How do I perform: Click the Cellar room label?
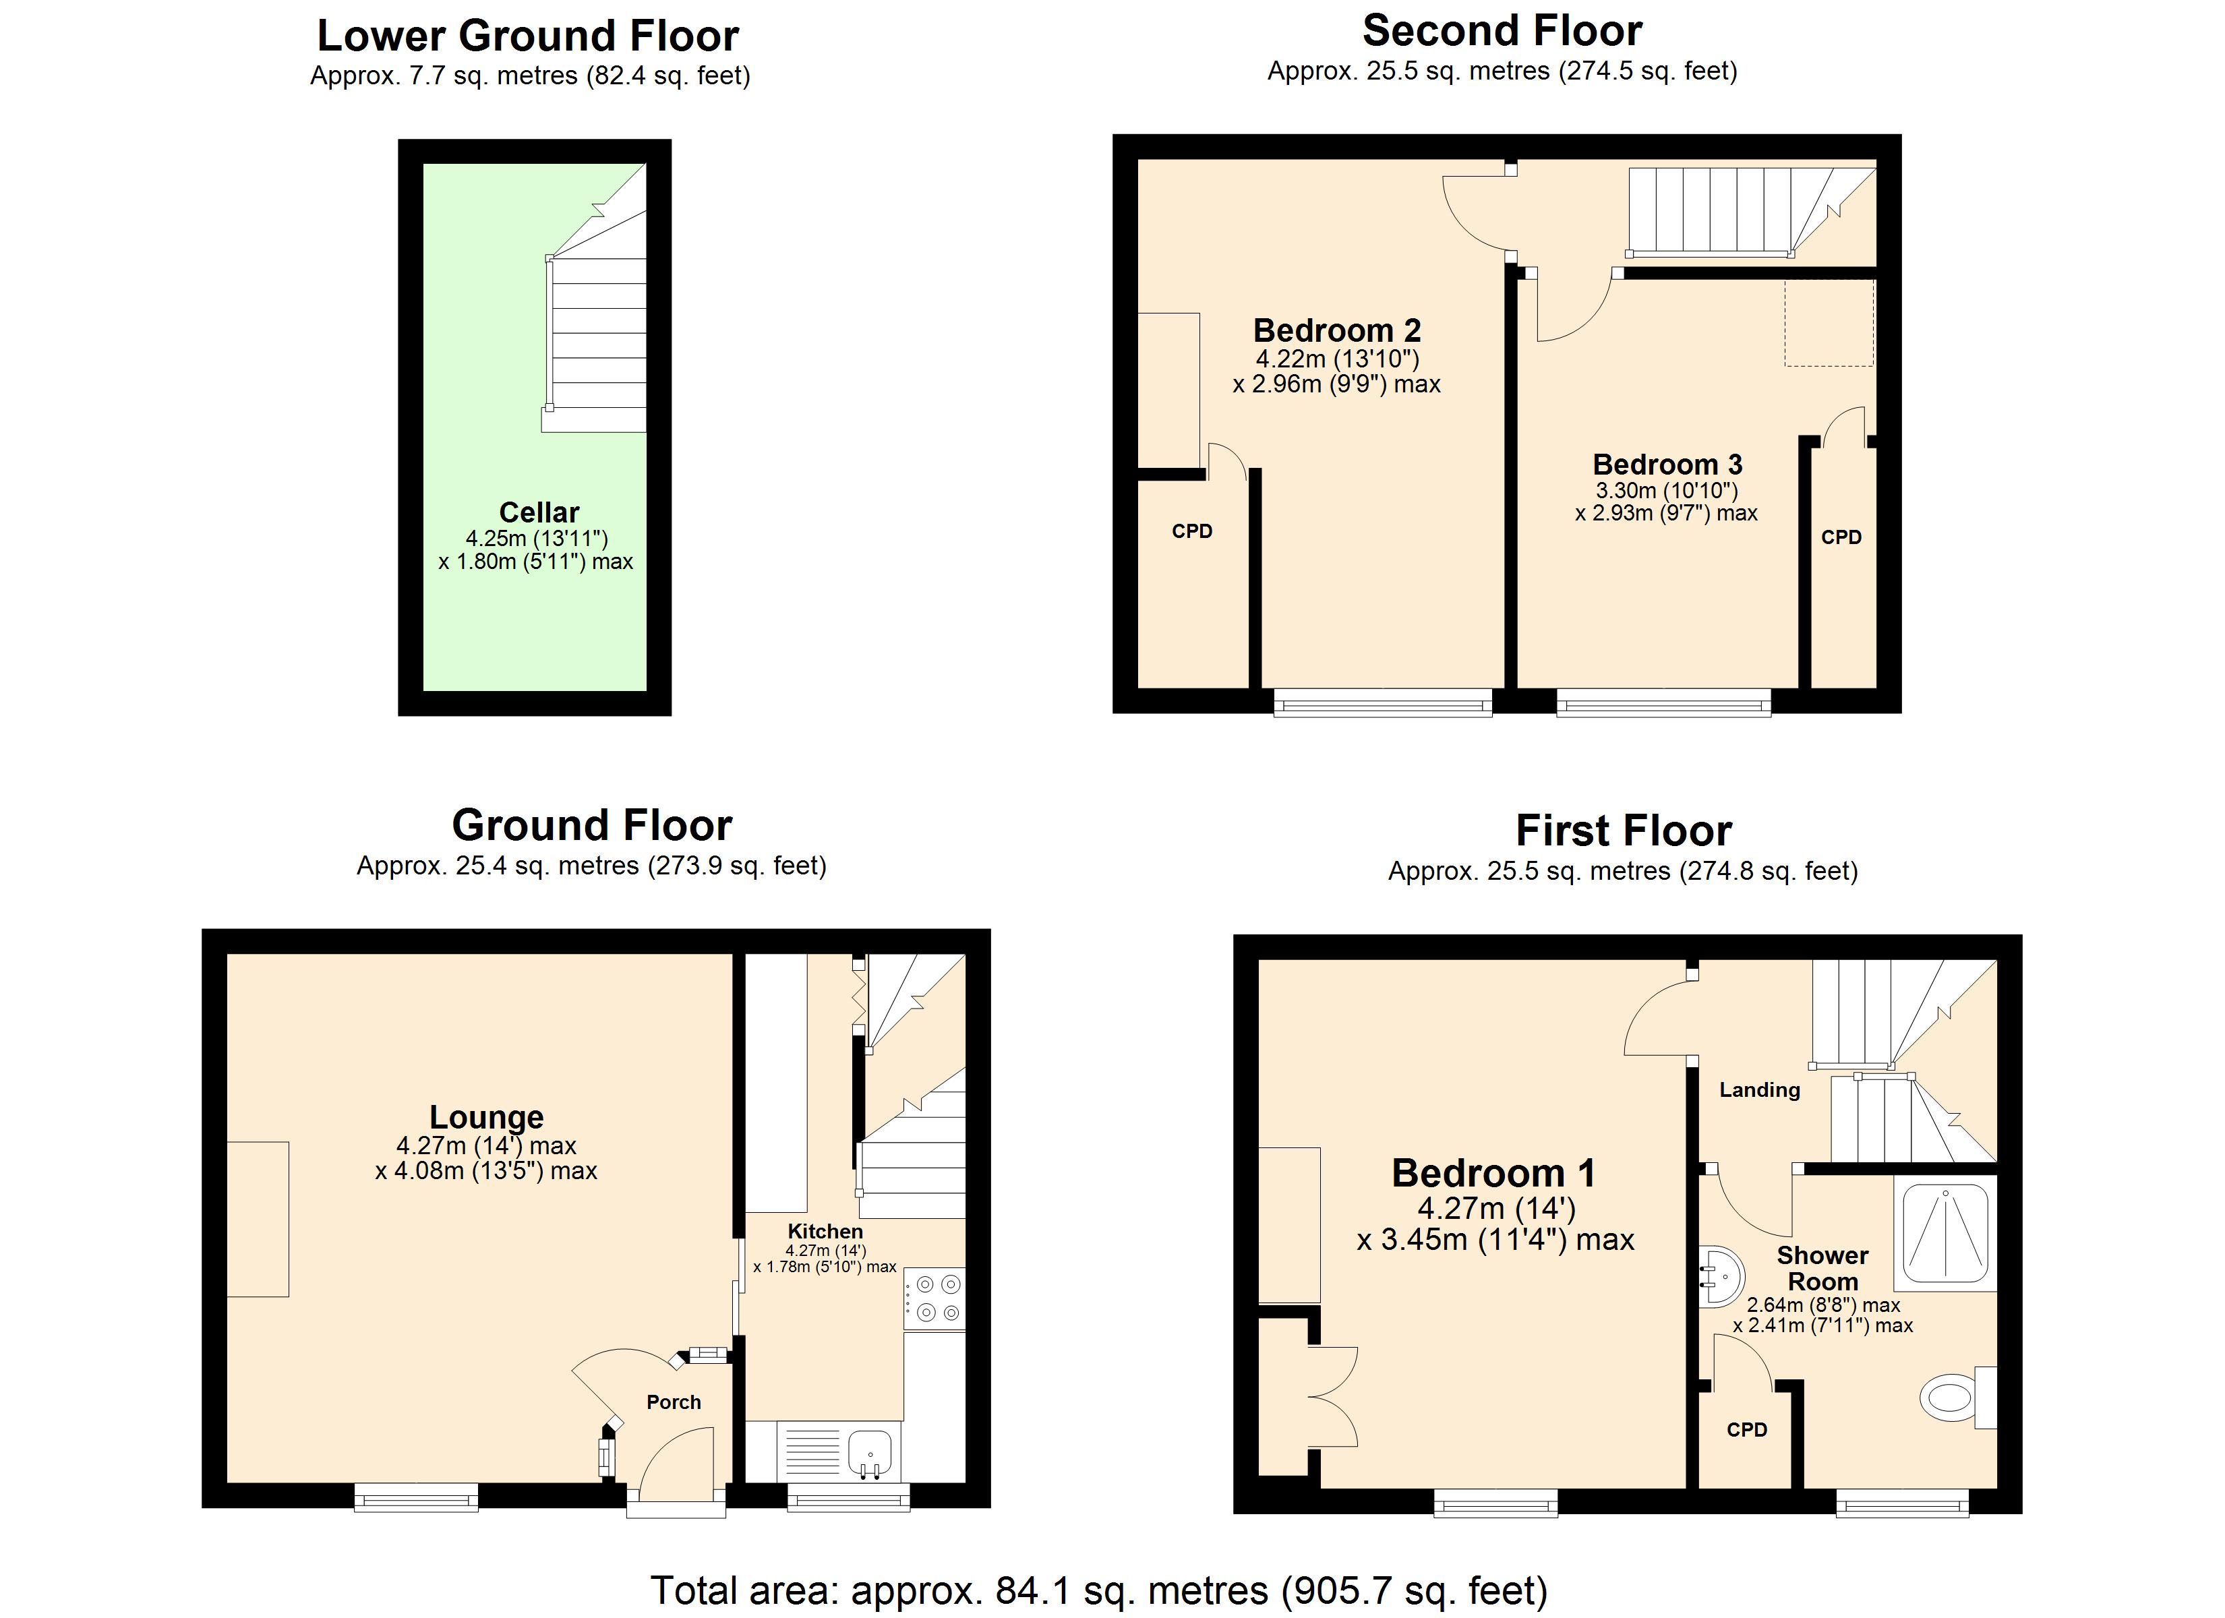click(x=539, y=512)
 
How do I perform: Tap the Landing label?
click(x=1759, y=1089)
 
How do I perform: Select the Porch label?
click(x=673, y=1402)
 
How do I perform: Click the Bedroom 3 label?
click(x=1667, y=464)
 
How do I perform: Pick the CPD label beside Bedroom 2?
click(x=1192, y=531)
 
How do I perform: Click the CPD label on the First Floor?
click(x=1746, y=1430)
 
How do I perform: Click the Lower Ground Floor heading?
click(x=528, y=36)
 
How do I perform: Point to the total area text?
click(x=1099, y=1590)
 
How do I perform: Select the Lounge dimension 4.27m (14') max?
click(x=485, y=1145)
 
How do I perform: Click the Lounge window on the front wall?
click(x=416, y=1497)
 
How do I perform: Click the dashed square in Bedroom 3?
click(x=1829, y=323)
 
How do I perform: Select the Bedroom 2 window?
click(x=1382, y=702)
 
